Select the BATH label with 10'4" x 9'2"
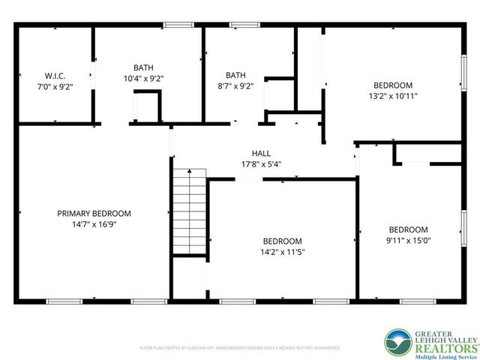pos(143,67)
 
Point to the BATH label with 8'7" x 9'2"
pos(235,74)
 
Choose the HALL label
pos(261,153)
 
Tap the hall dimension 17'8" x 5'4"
pos(261,163)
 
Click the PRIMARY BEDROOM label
pos(94,213)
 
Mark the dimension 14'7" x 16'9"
pos(94,223)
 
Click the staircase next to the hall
pos(190,211)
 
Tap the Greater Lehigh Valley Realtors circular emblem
pos(397,343)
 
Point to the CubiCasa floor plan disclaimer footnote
pos(240,348)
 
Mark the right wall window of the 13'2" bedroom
pos(463,76)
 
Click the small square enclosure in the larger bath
pos(147,105)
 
